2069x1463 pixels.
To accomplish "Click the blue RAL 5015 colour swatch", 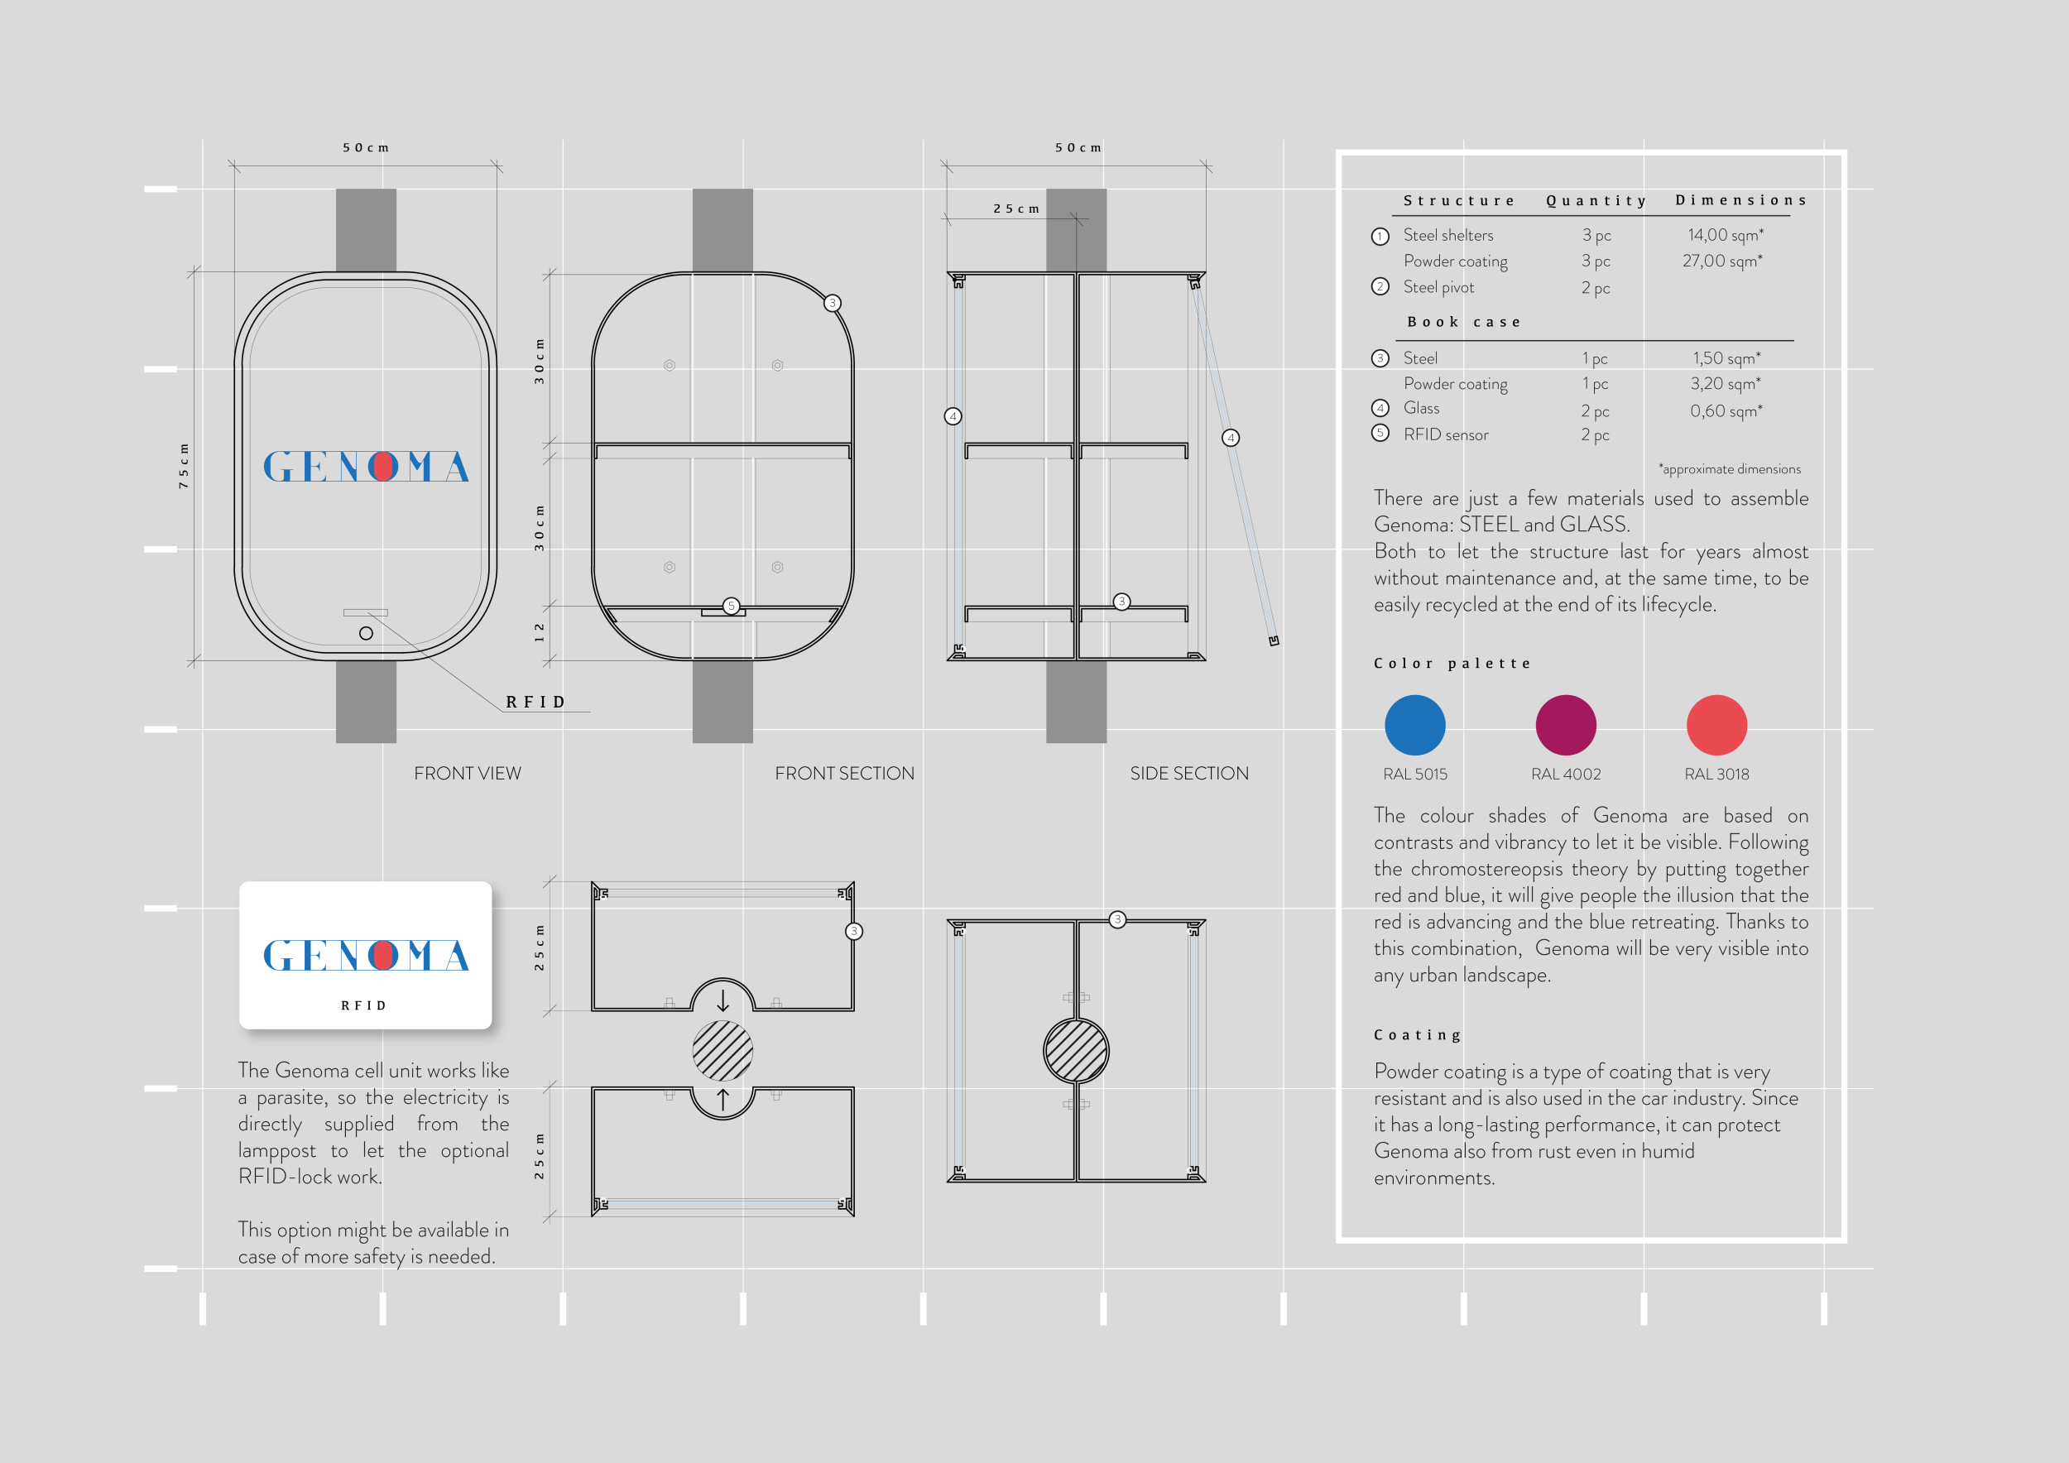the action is point(1414,724).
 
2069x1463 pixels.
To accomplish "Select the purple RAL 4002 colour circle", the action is point(1565,724).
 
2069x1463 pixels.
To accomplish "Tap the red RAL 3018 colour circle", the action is point(1716,724).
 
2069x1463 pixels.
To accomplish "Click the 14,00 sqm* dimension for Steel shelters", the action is point(1726,235).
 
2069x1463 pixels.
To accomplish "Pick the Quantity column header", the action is point(1596,201).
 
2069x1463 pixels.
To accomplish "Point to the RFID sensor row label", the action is point(1446,434).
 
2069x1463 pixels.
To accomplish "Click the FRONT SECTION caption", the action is point(844,773).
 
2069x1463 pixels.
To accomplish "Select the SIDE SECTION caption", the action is point(1189,773).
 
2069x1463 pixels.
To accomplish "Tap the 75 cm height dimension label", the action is point(184,466).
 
